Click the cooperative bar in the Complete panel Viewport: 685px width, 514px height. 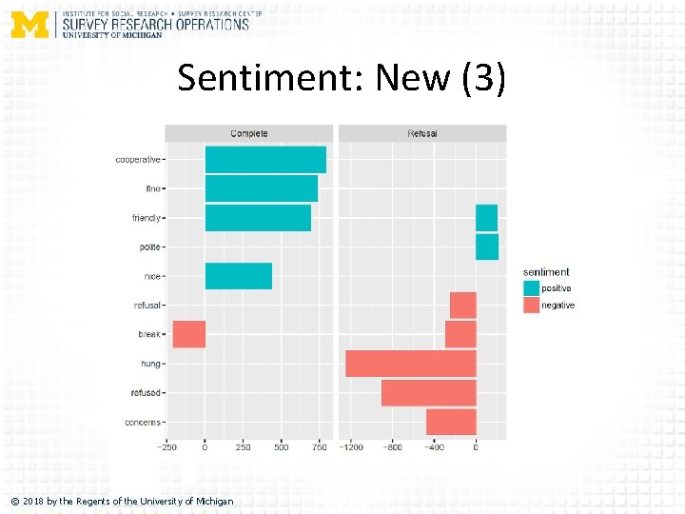(x=265, y=160)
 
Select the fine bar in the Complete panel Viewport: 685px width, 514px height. (x=262, y=188)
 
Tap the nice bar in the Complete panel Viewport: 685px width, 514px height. (x=239, y=276)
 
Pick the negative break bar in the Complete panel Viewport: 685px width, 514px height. (x=188, y=334)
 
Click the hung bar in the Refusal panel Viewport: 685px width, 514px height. (x=410, y=364)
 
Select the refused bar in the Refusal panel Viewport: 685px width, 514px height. (x=428, y=392)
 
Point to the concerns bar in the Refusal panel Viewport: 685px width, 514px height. (x=451, y=422)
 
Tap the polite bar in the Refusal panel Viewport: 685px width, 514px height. (x=487, y=247)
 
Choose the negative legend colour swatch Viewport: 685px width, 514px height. (x=531, y=305)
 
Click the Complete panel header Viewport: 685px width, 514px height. (x=249, y=133)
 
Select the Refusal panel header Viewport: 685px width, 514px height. (x=422, y=133)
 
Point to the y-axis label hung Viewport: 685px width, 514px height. (x=150, y=364)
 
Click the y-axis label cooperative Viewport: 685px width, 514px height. (x=138, y=160)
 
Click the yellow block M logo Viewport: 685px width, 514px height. (x=29, y=24)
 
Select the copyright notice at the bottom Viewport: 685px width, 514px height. (x=122, y=501)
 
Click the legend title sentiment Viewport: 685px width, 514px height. (x=546, y=272)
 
